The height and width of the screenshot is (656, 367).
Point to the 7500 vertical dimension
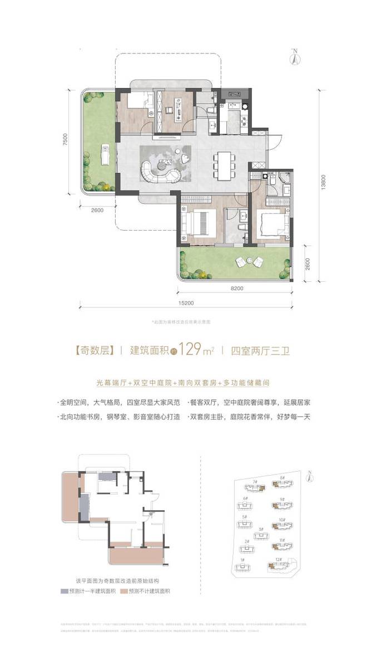click(x=66, y=139)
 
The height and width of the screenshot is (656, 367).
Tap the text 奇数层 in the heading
click(x=94, y=351)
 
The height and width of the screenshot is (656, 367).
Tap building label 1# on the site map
click(x=242, y=559)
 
